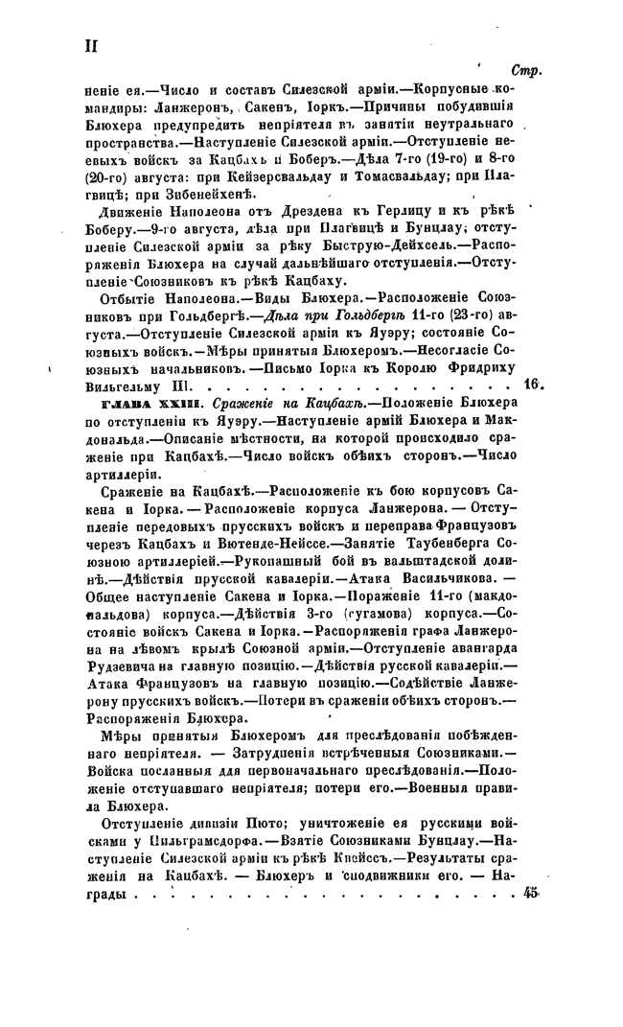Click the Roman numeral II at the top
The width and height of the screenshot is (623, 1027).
[92, 47]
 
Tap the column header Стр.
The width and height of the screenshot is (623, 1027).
[525, 70]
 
